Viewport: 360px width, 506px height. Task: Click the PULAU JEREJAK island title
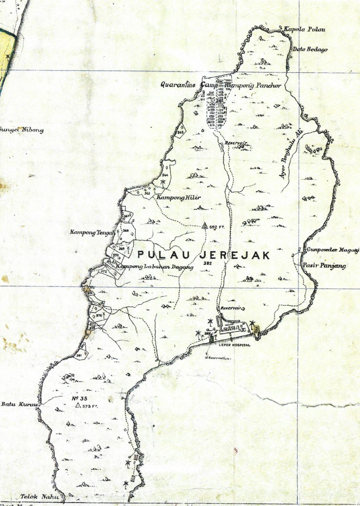click(203, 254)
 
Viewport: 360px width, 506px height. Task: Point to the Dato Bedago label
click(310, 49)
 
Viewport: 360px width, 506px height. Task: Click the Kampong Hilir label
click(172, 197)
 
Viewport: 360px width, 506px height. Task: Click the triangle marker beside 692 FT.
click(205, 226)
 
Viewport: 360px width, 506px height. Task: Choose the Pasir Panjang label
click(317, 266)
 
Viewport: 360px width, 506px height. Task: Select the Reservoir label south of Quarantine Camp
click(236, 143)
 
